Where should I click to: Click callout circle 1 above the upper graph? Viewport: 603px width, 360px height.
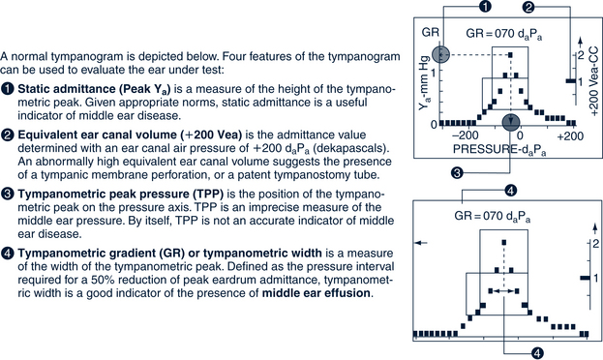[486, 6]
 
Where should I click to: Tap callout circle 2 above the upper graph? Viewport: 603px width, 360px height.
[528, 6]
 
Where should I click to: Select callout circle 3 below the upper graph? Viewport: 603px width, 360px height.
[457, 172]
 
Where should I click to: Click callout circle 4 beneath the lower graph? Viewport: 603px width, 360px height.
[537, 352]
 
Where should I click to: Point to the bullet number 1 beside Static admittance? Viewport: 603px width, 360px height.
[8, 89]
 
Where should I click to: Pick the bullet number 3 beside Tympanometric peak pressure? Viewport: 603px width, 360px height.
[8, 195]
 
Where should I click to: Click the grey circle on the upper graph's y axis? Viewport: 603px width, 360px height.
[440, 54]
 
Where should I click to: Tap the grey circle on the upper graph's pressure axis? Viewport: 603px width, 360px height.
[511, 123]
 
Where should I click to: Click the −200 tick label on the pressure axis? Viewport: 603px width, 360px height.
[466, 136]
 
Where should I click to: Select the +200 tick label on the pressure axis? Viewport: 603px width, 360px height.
[570, 136]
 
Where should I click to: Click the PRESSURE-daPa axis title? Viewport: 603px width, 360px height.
[499, 150]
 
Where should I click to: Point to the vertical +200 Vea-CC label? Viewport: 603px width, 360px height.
[593, 80]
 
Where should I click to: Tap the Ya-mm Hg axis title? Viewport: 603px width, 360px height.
[424, 86]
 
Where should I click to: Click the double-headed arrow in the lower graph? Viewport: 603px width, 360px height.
[503, 291]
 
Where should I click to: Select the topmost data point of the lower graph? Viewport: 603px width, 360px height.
[504, 242]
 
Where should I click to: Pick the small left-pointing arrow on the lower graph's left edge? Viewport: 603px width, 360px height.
[421, 243]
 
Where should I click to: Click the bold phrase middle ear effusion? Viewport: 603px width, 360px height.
[317, 293]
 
